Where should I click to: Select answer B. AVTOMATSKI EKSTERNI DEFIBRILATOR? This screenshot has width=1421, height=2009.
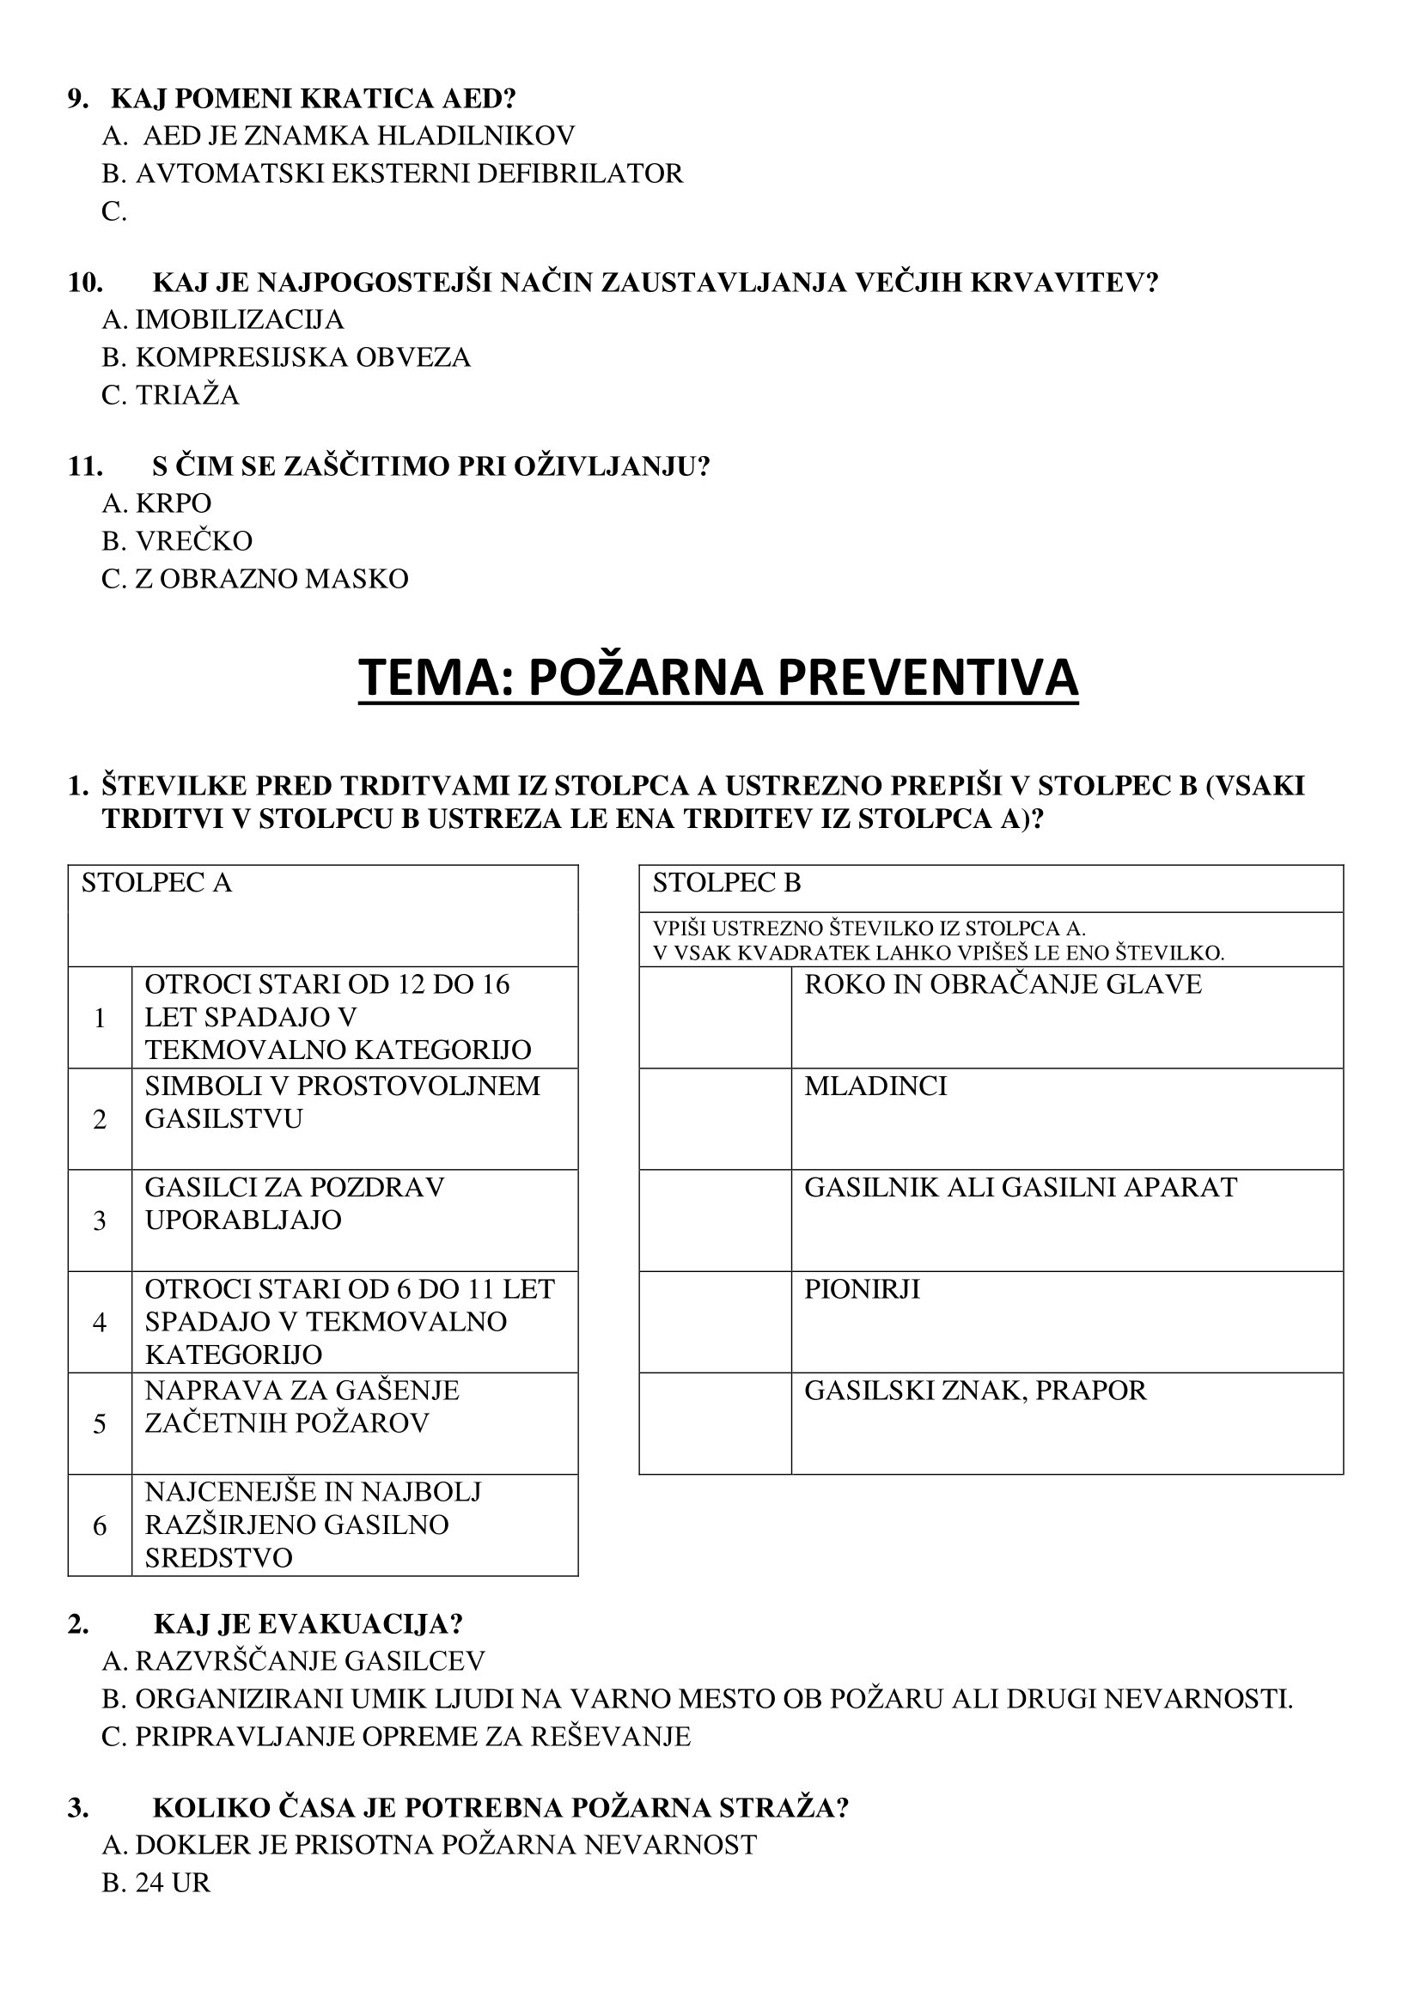click(x=392, y=174)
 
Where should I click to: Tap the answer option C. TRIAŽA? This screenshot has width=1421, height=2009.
click(x=171, y=394)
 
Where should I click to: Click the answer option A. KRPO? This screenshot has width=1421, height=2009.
click(x=156, y=503)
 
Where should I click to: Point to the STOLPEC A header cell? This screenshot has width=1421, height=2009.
click(x=322, y=915)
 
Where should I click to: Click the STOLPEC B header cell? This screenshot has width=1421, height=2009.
click(x=991, y=887)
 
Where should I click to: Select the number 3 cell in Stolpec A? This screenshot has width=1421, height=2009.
click(x=100, y=1220)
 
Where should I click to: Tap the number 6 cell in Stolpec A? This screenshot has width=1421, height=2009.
click(x=100, y=1525)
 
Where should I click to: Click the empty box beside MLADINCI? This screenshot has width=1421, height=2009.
click(x=715, y=1118)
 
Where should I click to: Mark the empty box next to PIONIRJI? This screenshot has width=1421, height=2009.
click(x=715, y=1321)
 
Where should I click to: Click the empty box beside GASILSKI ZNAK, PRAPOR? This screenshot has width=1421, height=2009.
click(x=715, y=1422)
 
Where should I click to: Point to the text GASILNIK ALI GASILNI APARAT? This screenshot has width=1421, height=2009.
click(x=1021, y=1187)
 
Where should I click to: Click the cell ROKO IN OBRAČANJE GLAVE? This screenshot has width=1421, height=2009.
click(x=1003, y=984)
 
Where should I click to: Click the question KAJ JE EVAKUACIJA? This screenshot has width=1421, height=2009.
click(x=308, y=1623)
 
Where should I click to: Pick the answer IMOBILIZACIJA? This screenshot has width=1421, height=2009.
click(x=223, y=320)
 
